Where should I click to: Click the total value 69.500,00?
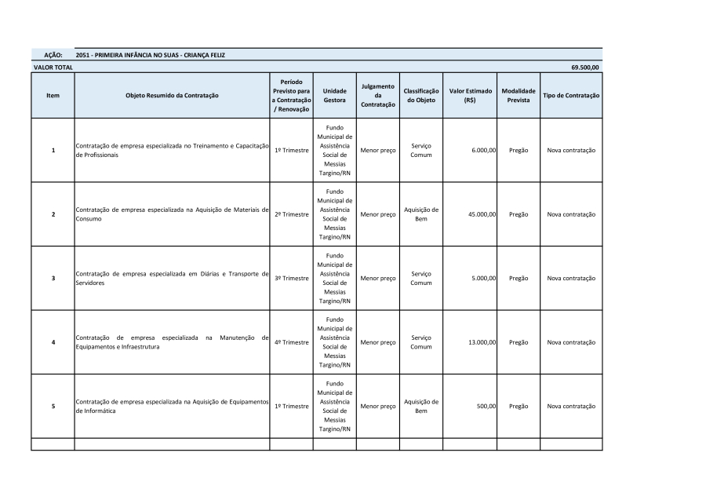(584, 68)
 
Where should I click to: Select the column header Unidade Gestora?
(334, 96)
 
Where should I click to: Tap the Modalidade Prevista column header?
(518, 96)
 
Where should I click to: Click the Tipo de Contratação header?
(571, 96)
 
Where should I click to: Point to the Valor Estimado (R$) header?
(470, 96)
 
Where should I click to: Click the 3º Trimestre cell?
(291, 279)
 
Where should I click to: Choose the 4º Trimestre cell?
(291, 342)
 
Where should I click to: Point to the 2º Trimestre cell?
(291, 214)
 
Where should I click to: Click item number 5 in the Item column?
(53, 407)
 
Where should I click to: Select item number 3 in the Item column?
(53, 279)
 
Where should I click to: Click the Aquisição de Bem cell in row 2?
(421, 214)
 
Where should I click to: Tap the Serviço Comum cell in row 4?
(421, 342)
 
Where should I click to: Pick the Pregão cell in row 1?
(518, 150)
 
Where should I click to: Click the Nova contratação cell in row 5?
(571, 407)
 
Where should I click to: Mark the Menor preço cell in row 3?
(377, 279)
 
